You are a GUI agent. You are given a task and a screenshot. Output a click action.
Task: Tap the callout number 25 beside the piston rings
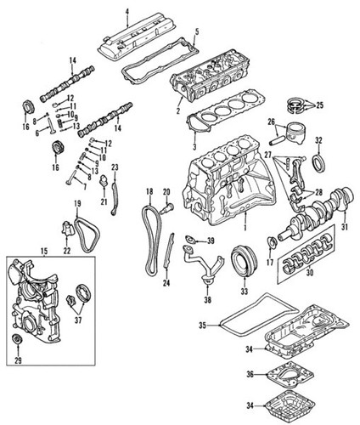point(319,106)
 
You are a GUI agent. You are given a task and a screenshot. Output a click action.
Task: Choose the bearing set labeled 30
point(306,256)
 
